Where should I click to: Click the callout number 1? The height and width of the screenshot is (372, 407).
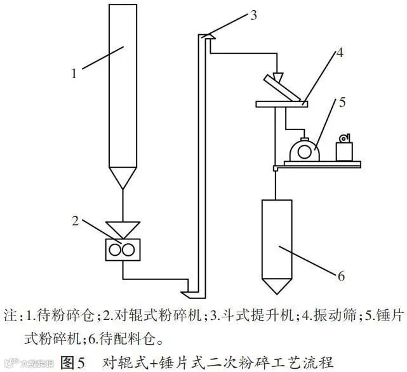(74, 73)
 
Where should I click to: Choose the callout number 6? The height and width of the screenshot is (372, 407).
(341, 276)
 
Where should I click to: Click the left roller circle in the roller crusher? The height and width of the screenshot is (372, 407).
(115, 250)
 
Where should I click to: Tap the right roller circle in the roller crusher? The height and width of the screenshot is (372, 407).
(130, 250)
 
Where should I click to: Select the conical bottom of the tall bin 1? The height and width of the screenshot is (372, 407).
(122, 178)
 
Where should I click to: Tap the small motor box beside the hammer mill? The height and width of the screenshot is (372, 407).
(344, 151)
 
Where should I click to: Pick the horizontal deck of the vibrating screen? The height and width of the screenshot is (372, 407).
(280, 103)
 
